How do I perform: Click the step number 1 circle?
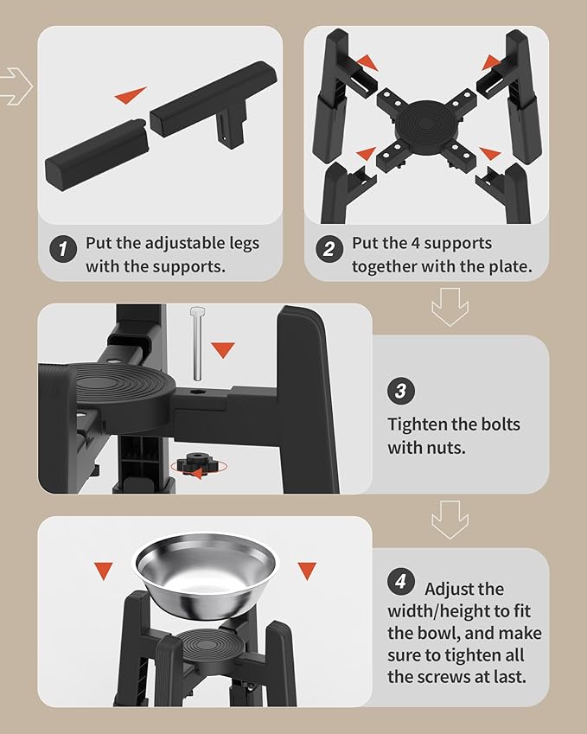[x=63, y=249]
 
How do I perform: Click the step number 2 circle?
[x=329, y=249]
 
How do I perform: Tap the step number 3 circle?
[x=400, y=391]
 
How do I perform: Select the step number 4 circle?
[x=400, y=581]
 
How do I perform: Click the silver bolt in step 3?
[x=197, y=343]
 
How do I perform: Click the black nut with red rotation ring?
[x=199, y=466]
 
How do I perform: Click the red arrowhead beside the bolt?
[x=223, y=349]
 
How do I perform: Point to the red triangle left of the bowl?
[x=104, y=571]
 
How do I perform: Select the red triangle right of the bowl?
[x=307, y=571]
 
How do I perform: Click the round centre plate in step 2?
[x=426, y=123]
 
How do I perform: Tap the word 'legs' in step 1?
[x=244, y=245]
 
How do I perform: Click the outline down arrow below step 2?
[x=450, y=307]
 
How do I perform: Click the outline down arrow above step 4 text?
[x=450, y=520]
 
